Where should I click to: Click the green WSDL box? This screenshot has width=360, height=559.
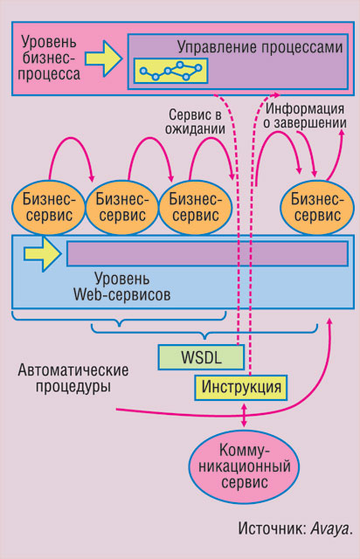coord(201,357)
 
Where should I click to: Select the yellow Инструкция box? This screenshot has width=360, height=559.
coord(241,387)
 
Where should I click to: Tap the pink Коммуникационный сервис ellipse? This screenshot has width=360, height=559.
coord(244,466)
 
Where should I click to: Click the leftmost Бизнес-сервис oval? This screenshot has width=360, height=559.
coord(49,208)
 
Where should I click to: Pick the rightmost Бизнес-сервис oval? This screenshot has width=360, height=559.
coord(317,208)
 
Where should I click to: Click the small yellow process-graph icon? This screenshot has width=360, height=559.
coord(171,71)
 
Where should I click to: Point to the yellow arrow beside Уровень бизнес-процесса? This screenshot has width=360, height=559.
coord(103,59)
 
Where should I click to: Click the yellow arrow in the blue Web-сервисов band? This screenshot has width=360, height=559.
coord(43,253)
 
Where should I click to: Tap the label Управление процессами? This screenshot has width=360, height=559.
coord(260,47)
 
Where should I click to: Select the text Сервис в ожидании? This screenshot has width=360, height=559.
coord(195,121)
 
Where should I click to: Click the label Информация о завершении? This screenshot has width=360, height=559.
coord(305,114)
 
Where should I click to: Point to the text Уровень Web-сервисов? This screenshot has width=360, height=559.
coord(122,286)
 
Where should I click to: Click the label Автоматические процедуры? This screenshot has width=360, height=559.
coord(73,378)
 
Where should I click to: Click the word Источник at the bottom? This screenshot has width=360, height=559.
coord(272,528)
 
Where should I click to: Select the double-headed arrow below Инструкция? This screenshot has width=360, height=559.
coord(244,415)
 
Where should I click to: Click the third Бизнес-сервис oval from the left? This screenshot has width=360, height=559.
coord(195,208)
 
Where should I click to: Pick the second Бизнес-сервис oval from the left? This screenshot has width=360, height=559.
coord(122,208)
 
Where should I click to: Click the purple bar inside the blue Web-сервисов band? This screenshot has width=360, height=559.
coord(208,253)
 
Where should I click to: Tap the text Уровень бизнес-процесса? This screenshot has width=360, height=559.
coord(49,59)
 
